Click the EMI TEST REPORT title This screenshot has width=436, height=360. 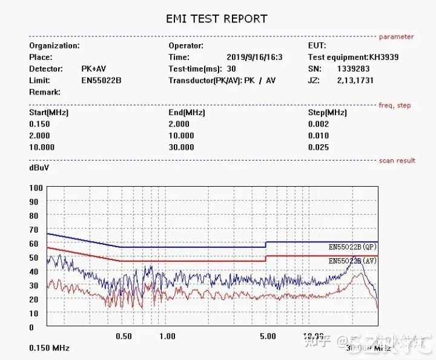tap(216, 19)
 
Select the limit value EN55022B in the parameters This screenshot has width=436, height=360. tap(102, 81)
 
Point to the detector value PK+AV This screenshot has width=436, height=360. tap(94, 69)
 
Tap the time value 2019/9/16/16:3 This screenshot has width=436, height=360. tap(254, 58)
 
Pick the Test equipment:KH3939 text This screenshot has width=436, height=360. tap(354, 58)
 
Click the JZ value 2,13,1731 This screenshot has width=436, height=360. tap(355, 81)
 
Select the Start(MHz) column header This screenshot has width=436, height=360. tap(48, 113)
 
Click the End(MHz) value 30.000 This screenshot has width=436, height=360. tap(181, 147)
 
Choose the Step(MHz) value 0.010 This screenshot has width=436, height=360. tap(319, 136)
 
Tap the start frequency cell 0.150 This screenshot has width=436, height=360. tap(39, 124)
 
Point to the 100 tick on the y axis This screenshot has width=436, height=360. tap(36, 188)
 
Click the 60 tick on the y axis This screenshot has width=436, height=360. tap(33, 244)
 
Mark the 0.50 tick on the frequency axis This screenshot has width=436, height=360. tap(124, 336)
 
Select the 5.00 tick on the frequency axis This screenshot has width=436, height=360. tap(268, 336)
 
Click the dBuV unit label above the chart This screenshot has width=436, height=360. tap(39, 168)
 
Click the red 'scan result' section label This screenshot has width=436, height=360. tap(397, 161)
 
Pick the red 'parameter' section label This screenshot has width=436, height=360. tap(396, 37)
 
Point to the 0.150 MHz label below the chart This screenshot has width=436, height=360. tap(49, 348)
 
